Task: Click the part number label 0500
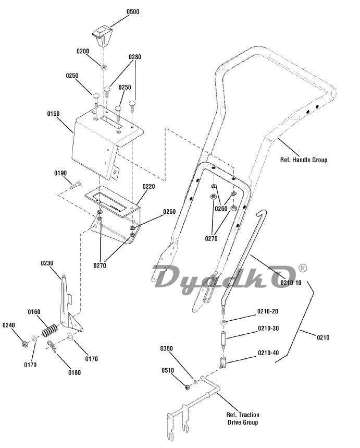pyautogui.click(x=133, y=11)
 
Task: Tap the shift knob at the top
pyautogui.click(x=101, y=35)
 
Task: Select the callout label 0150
pyautogui.click(x=53, y=113)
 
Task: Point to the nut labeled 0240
pyautogui.click(x=24, y=344)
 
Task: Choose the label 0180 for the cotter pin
pyautogui.click(x=74, y=372)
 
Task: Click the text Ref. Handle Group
pyautogui.click(x=304, y=160)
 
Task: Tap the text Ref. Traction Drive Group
pyautogui.click(x=243, y=419)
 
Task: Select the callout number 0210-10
pyautogui.click(x=291, y=283)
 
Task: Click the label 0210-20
pyautogui.click(x=268, y=311)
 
